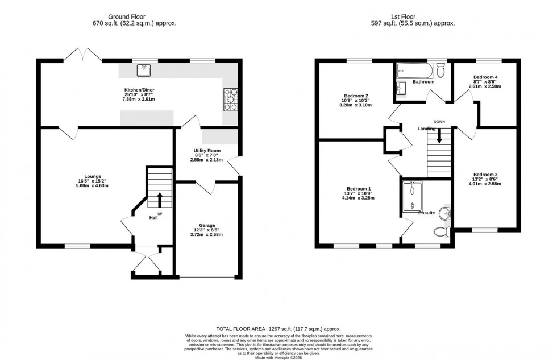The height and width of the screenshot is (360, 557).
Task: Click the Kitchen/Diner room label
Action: click(x=139, y=90)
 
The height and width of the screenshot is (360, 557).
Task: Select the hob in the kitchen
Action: click(x=231, y=99)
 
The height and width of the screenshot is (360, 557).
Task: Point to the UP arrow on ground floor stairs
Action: click(x=160, y=200)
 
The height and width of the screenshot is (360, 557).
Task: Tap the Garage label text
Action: click(x=207, y=225)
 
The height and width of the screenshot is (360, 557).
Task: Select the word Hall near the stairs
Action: click(x=153, y=217)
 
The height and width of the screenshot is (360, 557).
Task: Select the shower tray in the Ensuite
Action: click(x=411, y=195)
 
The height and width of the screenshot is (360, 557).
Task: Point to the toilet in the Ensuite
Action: click(x=441, y=231)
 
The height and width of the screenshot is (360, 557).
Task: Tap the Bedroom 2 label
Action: click(x=357, y=96)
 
